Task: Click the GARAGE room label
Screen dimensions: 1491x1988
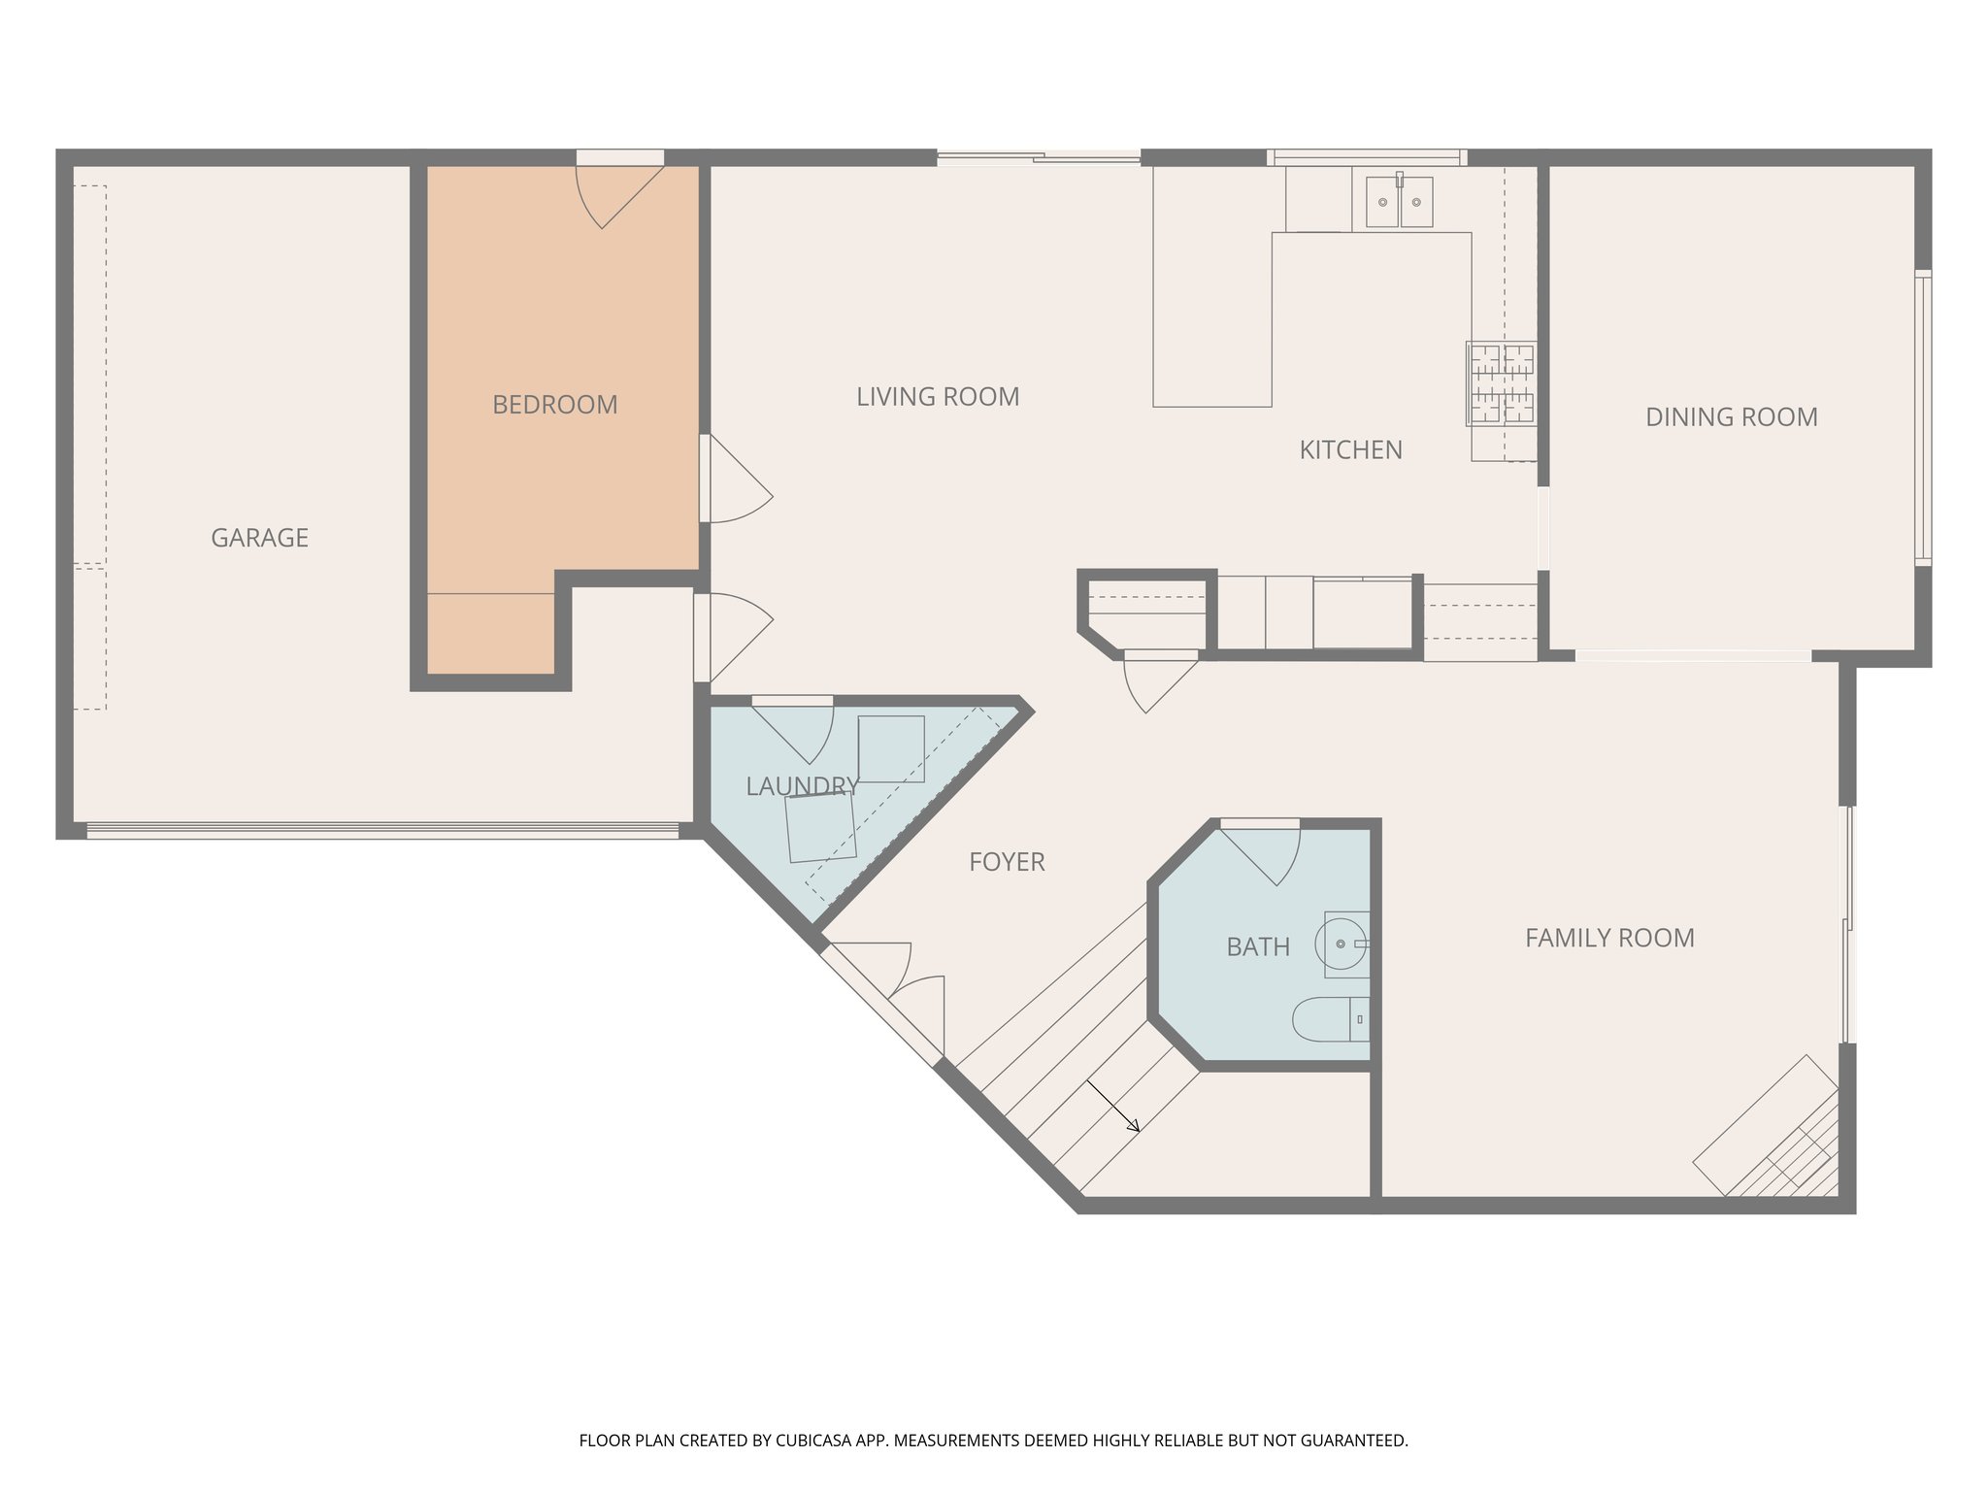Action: click(x=259, y=538)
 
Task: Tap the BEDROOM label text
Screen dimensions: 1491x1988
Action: click(x=554, y=405)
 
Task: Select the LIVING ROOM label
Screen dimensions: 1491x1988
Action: click(x=937, y=397)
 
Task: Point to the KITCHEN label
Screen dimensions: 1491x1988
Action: click(x=1350, y=450)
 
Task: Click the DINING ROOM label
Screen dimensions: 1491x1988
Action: click(x=1731, y=417)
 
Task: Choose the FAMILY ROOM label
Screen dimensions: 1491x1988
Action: click(x=1608, y=939)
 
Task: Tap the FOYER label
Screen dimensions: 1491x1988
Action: click(x=1007, y=862)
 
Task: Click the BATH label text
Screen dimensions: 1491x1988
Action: click(x=1257, y=947)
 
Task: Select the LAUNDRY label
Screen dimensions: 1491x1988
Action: click(x=802, y=786)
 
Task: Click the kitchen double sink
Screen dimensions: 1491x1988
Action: click(x=1399, y=202)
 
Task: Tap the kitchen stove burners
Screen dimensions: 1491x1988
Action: click(x=1501, y=384)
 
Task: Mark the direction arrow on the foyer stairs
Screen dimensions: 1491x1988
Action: click(x=1113, y=1107)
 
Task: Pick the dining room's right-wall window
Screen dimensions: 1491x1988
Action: click(x=1922, y=417)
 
